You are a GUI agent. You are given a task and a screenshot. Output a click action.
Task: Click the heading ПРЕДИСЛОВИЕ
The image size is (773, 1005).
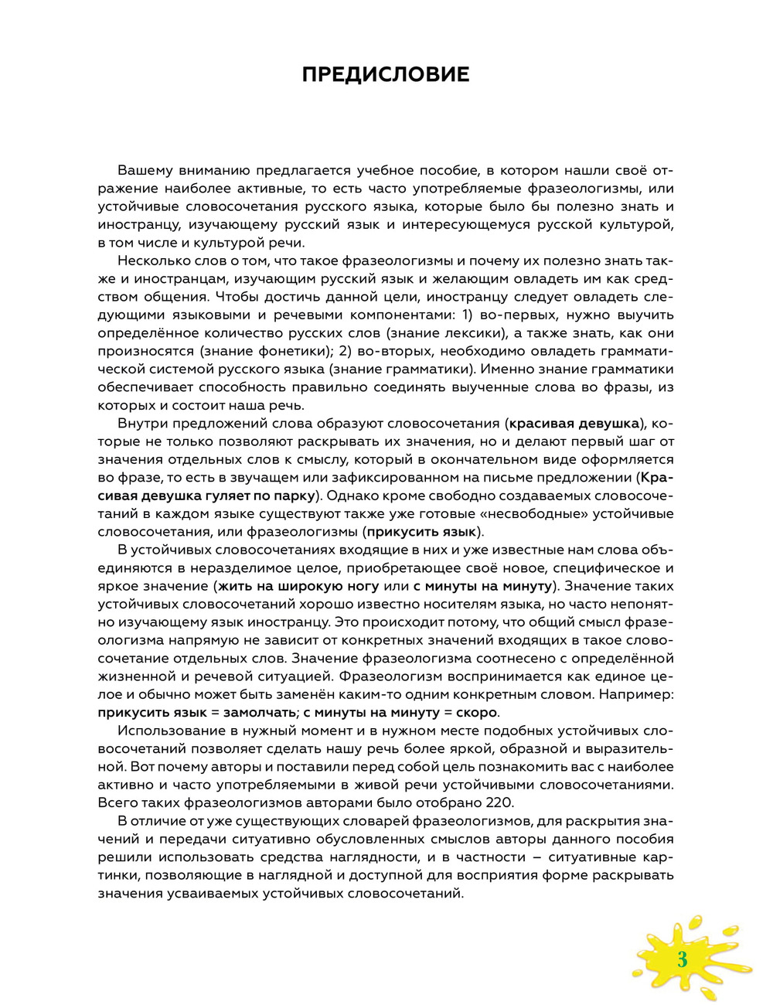pyautogui.click(x=385, y=74)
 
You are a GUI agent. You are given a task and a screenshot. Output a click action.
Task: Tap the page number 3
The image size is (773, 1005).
pyautogui.click(x=682, y=961)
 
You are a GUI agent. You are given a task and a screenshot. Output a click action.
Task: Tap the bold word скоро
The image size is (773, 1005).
pyautogui.click(x=475, y=712)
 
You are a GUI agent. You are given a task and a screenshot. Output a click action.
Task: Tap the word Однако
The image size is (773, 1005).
pyautogui.click(x=356, y=495)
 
